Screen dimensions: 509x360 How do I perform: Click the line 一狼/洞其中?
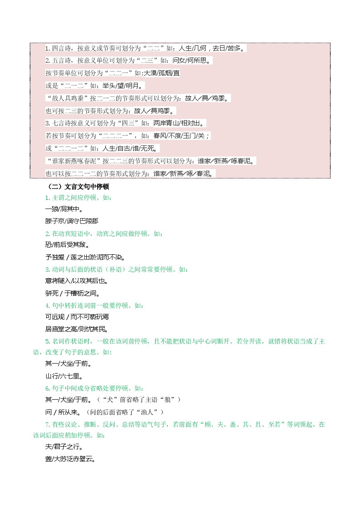pos(64,209)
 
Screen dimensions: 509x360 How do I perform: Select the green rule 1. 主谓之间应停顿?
pos(78,198)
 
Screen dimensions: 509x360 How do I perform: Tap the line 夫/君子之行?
pos(64,447)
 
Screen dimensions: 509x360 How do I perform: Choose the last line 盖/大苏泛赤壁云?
pos(70,459)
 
